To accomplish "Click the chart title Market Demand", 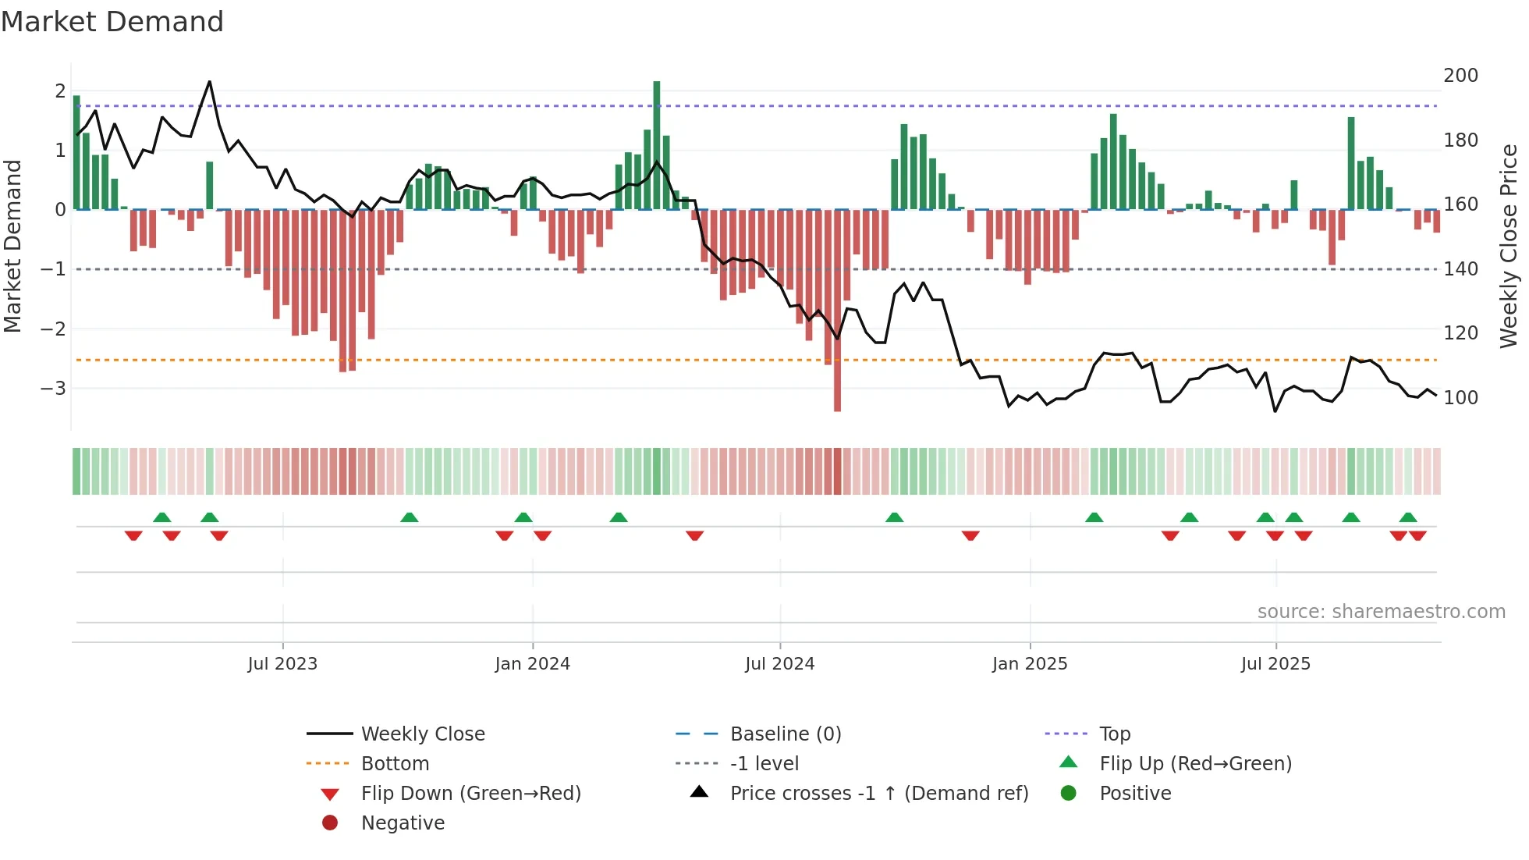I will [x=112, y=21].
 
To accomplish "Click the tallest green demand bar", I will [x=657, y=144].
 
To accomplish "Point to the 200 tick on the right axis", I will [x=1460, y=76].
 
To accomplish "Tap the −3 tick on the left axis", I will [x=52, y=388].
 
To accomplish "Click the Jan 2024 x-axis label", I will [x=532, y=664].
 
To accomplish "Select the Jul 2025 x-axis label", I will [x=1275, y=664].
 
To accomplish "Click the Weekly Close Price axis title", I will [x=1509, y=246].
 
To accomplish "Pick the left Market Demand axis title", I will [x=13, y=246].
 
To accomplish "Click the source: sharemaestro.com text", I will [x=1381, y=612].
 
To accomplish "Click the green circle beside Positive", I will [x=1069, y=794].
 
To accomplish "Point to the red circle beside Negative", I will [x=330, y=823].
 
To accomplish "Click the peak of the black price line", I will [x=209, y=82].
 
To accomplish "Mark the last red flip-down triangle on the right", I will [x=1417, y=535].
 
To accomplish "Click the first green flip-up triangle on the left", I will [x=162, y=517].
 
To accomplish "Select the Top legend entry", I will [x=1114, y=734].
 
